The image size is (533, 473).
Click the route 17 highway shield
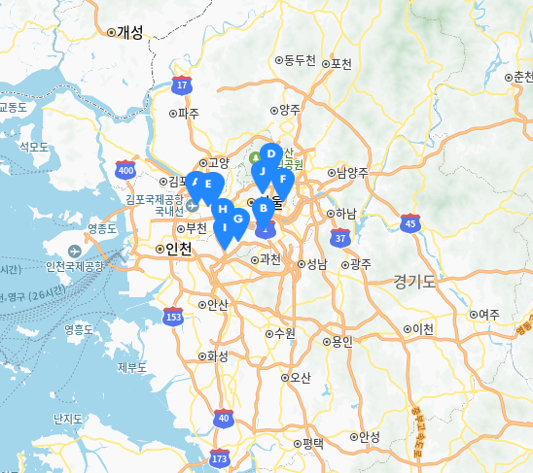click(182, 85)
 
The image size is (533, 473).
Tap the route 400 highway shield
click(125, 170)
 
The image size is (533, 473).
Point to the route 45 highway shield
click(410, 223)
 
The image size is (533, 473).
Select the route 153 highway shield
click(174, 316)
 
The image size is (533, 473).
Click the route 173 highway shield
click(219, 457)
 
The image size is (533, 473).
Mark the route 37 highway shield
click(339, 236)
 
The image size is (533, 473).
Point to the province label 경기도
click(415, 281)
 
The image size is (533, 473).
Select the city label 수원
click(283, 333)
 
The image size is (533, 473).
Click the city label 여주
click(488, 314)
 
